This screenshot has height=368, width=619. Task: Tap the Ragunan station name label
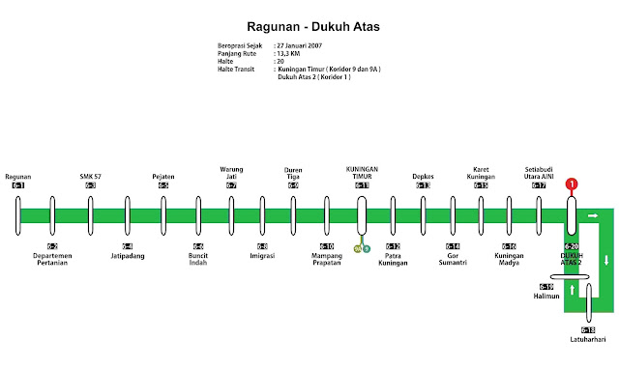18,177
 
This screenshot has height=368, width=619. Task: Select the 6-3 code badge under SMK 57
90,185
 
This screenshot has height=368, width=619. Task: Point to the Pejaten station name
163,177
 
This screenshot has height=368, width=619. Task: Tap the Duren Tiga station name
293,173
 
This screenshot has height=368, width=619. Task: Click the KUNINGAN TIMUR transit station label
362,173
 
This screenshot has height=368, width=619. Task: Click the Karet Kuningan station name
482,173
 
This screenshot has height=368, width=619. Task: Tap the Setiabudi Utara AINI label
539,173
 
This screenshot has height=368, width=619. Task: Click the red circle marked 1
571,184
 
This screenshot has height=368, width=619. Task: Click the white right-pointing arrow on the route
593,215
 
